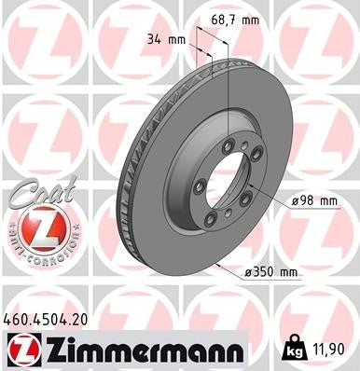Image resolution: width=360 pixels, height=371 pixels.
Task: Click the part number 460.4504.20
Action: pos(48,320)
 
